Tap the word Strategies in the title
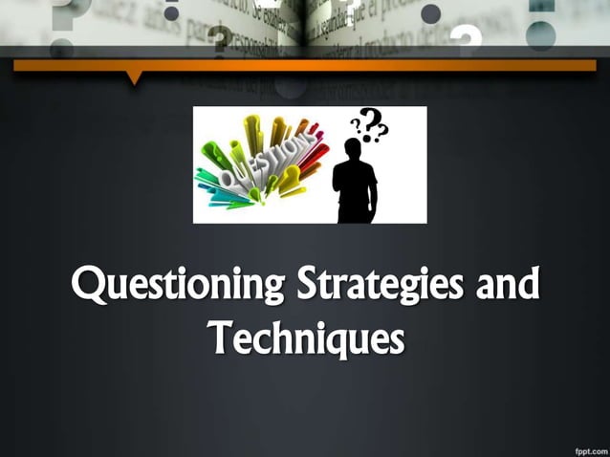coord(376,285)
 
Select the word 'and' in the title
coord(504,284)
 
